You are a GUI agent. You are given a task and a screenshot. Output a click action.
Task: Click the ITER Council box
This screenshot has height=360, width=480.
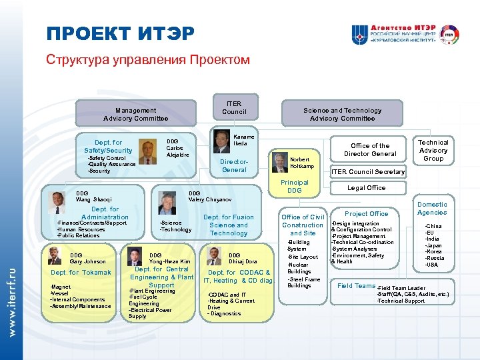[x=234, y=108]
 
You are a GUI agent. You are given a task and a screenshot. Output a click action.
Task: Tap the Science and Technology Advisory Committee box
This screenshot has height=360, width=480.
[x=342, y=114]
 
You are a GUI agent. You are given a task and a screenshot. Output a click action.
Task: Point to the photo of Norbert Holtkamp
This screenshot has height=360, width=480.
[x=278, y=162]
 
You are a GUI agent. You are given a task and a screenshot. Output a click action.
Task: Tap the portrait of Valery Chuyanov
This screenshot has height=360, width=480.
[x=165, y=201]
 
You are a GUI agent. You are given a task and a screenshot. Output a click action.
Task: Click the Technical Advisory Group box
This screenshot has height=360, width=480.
[x=433, y=151]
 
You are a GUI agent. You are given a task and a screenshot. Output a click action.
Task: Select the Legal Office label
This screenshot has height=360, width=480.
[x=367, y=188]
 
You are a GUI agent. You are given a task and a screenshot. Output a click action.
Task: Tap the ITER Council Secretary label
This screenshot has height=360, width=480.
[x=368, y=171]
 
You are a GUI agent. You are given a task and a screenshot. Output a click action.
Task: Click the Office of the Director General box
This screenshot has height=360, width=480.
[x=370, y=150]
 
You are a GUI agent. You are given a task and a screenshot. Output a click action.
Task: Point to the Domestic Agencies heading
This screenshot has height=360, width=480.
[x=432, y=208]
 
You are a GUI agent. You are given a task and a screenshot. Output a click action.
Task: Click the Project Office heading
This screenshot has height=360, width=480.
[x=366, y=214]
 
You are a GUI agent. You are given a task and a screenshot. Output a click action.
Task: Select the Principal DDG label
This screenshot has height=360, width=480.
[x=294, y=186]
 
